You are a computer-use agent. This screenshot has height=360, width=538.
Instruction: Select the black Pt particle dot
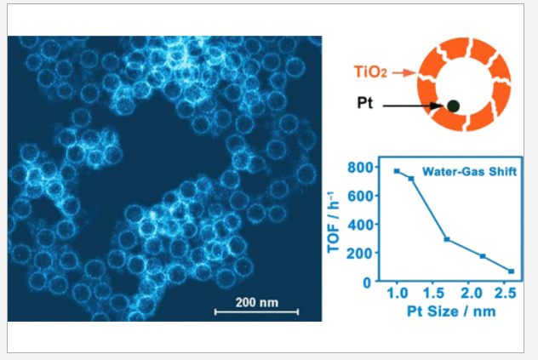454,106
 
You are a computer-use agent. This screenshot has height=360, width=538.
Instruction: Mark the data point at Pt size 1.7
447,239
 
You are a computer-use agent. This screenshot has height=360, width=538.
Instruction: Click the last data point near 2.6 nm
512,271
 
